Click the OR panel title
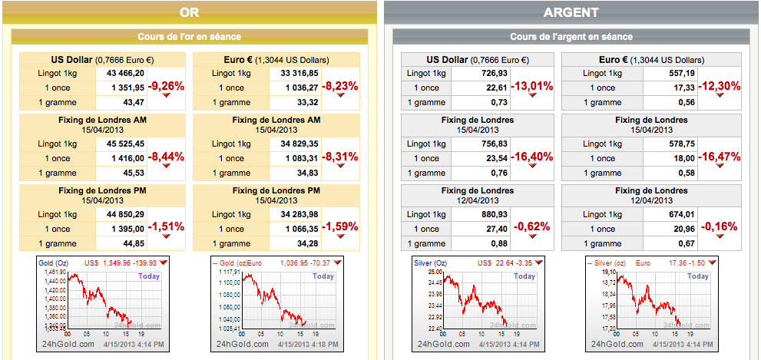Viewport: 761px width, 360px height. (x=189, y=12)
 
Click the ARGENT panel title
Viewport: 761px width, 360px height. (x=571, y=12)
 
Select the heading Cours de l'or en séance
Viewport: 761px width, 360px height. (x=189, y=36)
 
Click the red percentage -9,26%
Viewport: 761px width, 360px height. (x=167, y=86)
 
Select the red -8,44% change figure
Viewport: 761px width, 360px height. (x=167, y=157)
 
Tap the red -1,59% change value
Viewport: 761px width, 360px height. (x=340, y=227)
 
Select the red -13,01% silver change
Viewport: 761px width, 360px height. (x=532, y=86)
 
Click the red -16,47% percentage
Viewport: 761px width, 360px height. (x=720, y=157)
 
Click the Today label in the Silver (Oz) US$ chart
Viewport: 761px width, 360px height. (x=525, y=276)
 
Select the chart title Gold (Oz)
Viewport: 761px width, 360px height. (x=51, y=263)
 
